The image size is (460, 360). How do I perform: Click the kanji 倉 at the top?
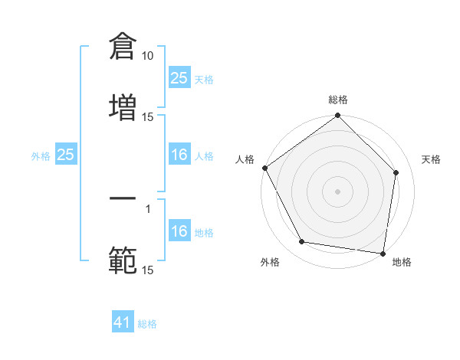coord(123,45)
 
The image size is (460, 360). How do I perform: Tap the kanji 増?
coord(123,106)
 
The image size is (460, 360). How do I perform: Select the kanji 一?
coord(123,198)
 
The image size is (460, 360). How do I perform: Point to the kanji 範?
coord(123,260)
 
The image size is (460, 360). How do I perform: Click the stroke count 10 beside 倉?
coord(148,56)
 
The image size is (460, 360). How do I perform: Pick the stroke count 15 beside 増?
coord(148,117)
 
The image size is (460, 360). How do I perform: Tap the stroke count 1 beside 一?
coord(148,209)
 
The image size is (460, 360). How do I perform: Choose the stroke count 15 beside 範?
coord(148,270)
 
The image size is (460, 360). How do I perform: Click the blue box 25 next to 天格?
coord(179,78)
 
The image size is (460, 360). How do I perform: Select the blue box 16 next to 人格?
coord(179,155)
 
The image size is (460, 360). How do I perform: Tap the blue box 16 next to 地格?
coord(179,232)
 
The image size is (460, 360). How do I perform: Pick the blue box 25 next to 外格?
coord(65,155)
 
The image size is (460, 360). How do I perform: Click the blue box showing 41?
coord(123,323)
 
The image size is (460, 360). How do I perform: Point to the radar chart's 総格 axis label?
coord(337,100)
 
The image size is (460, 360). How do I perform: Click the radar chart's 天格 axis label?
coord(432,159)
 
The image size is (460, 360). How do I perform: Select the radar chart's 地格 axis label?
coord(402,263)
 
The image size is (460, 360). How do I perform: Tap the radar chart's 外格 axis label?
coord(270,263)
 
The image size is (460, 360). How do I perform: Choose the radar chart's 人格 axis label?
coord(245,159)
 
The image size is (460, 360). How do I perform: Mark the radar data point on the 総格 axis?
coord(337,116)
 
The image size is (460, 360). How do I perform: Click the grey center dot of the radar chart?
coord(337,191)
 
